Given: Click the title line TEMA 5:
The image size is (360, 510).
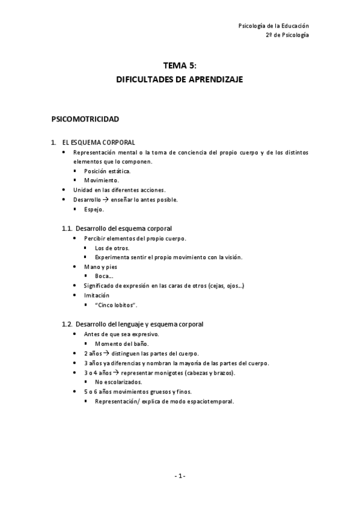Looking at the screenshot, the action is (180, 67).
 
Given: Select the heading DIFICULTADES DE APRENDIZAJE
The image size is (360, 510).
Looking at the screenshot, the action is (180, 79).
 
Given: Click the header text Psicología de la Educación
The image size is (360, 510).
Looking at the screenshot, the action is (273, 26).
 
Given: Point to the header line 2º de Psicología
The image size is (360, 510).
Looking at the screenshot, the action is (287, 35).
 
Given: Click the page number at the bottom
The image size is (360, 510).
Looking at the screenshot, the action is (180, 476).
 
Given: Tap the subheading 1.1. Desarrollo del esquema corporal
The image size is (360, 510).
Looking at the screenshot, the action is (124, 229).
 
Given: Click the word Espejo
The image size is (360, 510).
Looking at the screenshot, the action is (94, 209).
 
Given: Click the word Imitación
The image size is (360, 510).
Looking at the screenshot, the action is (97, 295).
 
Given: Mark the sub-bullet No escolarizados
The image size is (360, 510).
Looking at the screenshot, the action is (118, 382).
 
